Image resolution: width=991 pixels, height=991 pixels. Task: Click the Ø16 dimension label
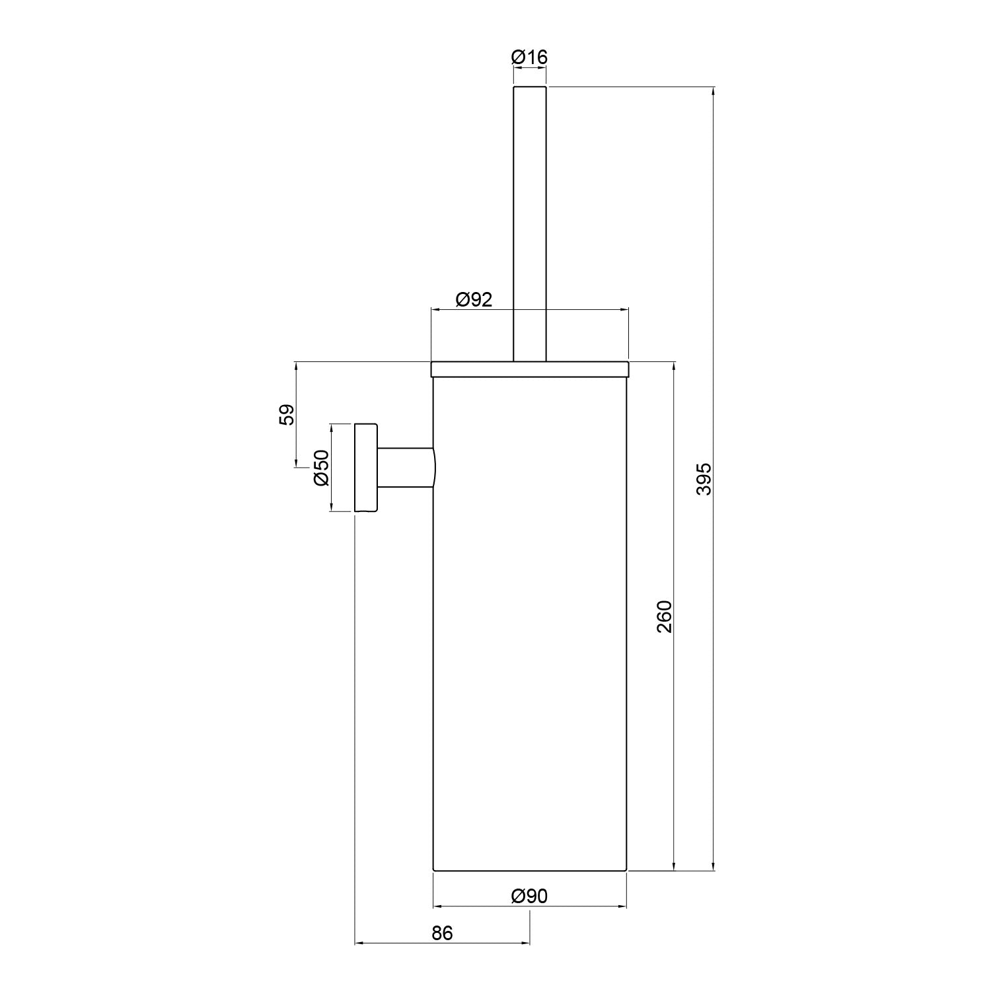[x=529, y=57]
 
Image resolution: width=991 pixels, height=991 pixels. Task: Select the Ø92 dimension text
[x=474, y=300]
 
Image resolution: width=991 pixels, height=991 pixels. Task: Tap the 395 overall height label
[x=704, y=479]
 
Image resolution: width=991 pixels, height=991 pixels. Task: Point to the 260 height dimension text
[x=664, y=616]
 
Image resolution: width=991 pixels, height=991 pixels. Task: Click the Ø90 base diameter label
[x=529, y=896]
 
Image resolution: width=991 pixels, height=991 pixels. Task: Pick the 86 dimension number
[x=443, y=933]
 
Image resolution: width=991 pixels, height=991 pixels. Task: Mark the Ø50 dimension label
[x=321, y=468]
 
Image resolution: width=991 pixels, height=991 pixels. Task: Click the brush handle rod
[x=530, y=225]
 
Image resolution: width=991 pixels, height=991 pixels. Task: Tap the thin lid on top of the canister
[x=530, y=369]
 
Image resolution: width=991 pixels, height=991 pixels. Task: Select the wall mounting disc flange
[x=366, y=468]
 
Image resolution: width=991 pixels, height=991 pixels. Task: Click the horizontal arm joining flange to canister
[x=405, y=468]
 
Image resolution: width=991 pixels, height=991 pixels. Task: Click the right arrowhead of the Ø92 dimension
[x=624, y=309]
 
